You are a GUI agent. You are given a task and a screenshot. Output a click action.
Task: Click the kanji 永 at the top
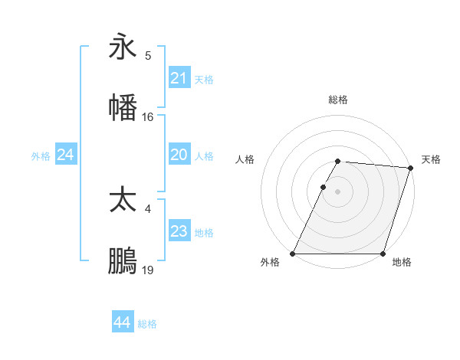click(123, 47)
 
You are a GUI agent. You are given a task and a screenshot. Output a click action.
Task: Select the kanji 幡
click(123, 107)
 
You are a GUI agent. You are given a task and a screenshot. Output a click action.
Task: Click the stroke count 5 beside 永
click(148, 56)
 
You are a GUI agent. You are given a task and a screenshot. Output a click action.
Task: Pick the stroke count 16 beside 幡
click(148, 117)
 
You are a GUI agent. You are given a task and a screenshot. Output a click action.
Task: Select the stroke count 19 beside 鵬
click(148, 270)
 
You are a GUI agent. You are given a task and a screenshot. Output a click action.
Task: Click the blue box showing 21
click(179, 78)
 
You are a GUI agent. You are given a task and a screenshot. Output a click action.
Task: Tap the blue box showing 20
click(179, 155)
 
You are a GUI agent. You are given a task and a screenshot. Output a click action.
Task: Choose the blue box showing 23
click(179, 231)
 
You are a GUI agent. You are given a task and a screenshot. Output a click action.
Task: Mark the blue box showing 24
click(66, 155)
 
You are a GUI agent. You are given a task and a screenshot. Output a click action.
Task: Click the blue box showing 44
click(122, 323)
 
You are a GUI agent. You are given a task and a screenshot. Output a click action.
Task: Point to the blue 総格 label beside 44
click(147, 324)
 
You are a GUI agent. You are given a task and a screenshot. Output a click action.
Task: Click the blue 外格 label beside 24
click(41, 155)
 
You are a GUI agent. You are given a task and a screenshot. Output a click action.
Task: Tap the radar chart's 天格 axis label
click(431, 159)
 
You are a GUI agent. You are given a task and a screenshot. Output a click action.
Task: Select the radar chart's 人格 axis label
click(245, 159)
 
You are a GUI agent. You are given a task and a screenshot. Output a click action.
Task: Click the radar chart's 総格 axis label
click(338, 100)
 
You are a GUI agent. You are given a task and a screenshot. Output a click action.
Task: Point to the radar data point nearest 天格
click(410, 168)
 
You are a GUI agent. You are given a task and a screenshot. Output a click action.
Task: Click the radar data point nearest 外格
click(293, 254)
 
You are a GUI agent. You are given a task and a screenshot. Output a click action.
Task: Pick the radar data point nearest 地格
click(383, 254)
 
